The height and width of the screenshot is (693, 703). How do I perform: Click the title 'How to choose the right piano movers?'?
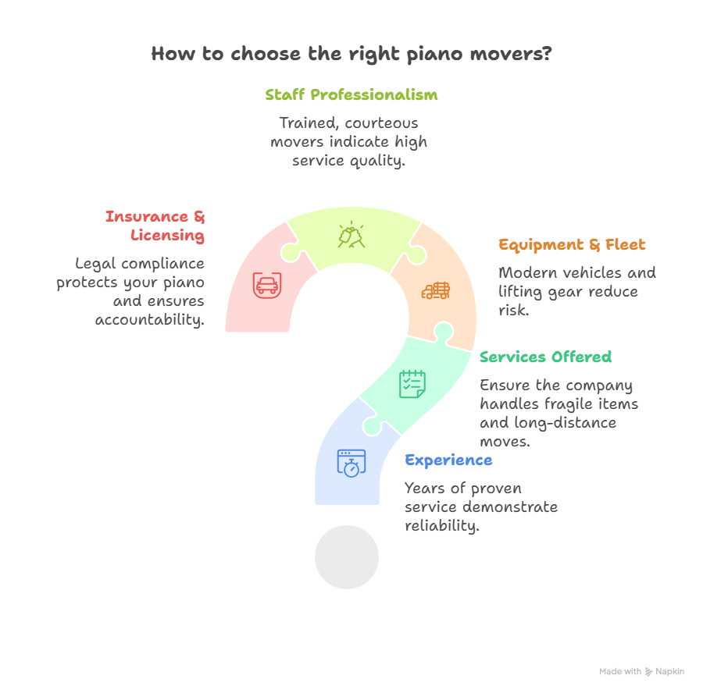tap(351, 55)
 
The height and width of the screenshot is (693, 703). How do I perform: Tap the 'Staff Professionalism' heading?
tap(351, 95)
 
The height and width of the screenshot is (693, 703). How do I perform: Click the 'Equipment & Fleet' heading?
tap(572, 245)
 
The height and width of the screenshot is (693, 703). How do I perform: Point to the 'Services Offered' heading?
tap(545, 357)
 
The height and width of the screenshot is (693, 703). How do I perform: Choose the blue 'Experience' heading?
tap(448, 460)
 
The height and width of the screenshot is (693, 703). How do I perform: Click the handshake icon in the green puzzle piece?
tap(351, 235)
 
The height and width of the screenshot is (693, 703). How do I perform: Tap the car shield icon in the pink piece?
tap(266, 285)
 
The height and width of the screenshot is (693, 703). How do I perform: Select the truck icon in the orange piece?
tap(435, 290)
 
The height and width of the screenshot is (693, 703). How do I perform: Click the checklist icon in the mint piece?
tap(412, 383)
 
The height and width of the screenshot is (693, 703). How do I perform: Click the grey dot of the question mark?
tap(346, 557)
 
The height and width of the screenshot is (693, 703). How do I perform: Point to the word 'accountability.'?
tap(150, 320)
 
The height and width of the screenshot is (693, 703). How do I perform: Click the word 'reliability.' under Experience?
tap(442, 526)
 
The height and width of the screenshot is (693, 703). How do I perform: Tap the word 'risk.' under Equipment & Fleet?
tap(513, 311)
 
